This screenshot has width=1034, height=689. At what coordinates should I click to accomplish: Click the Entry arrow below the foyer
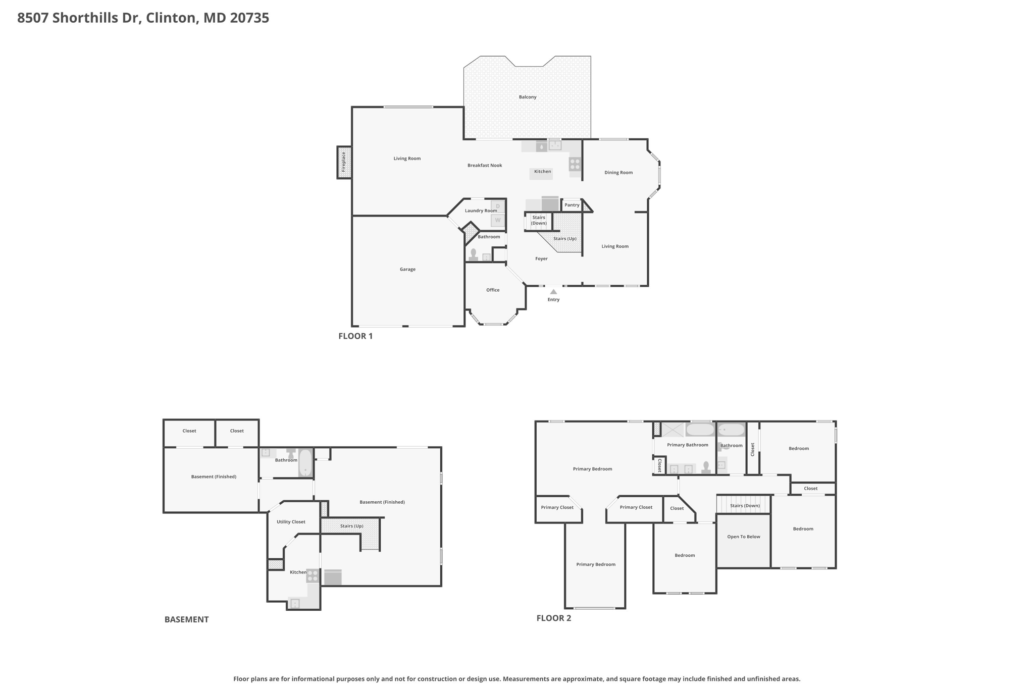pos(553,291)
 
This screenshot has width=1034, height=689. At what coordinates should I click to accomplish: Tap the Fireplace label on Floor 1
pos(343,162)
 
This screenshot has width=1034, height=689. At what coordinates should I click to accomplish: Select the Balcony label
pos(528,97)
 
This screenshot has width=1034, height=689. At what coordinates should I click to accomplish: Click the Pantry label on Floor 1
pos(572,205)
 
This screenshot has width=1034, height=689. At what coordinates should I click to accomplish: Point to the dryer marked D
pos(498,206)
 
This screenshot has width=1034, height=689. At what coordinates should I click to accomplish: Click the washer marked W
pos(498,220)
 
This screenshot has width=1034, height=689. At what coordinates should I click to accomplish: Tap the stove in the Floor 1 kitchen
pos(575,164)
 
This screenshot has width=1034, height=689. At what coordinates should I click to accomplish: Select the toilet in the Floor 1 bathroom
pos(473,255)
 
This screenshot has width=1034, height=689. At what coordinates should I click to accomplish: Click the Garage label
pos(407,270)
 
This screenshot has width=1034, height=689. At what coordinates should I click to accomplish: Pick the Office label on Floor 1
pos(493,290)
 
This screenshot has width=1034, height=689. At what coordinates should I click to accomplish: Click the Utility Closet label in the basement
pos(291,522)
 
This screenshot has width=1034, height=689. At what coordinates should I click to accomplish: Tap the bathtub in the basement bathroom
pos(305,463)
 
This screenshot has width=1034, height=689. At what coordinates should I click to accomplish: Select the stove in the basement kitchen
pos(313,575)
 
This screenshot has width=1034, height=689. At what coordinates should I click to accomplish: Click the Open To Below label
pos(744,537)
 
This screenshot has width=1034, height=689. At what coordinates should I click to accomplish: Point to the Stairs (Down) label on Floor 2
pos(745,506)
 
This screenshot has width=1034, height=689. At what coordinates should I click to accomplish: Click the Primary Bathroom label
pos(688,445)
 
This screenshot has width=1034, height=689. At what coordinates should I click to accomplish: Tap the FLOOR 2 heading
pos(554,618)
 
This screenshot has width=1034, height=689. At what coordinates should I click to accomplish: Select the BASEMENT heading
pos(186,619)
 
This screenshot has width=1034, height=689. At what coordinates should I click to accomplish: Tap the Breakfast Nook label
pos(485,166)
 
